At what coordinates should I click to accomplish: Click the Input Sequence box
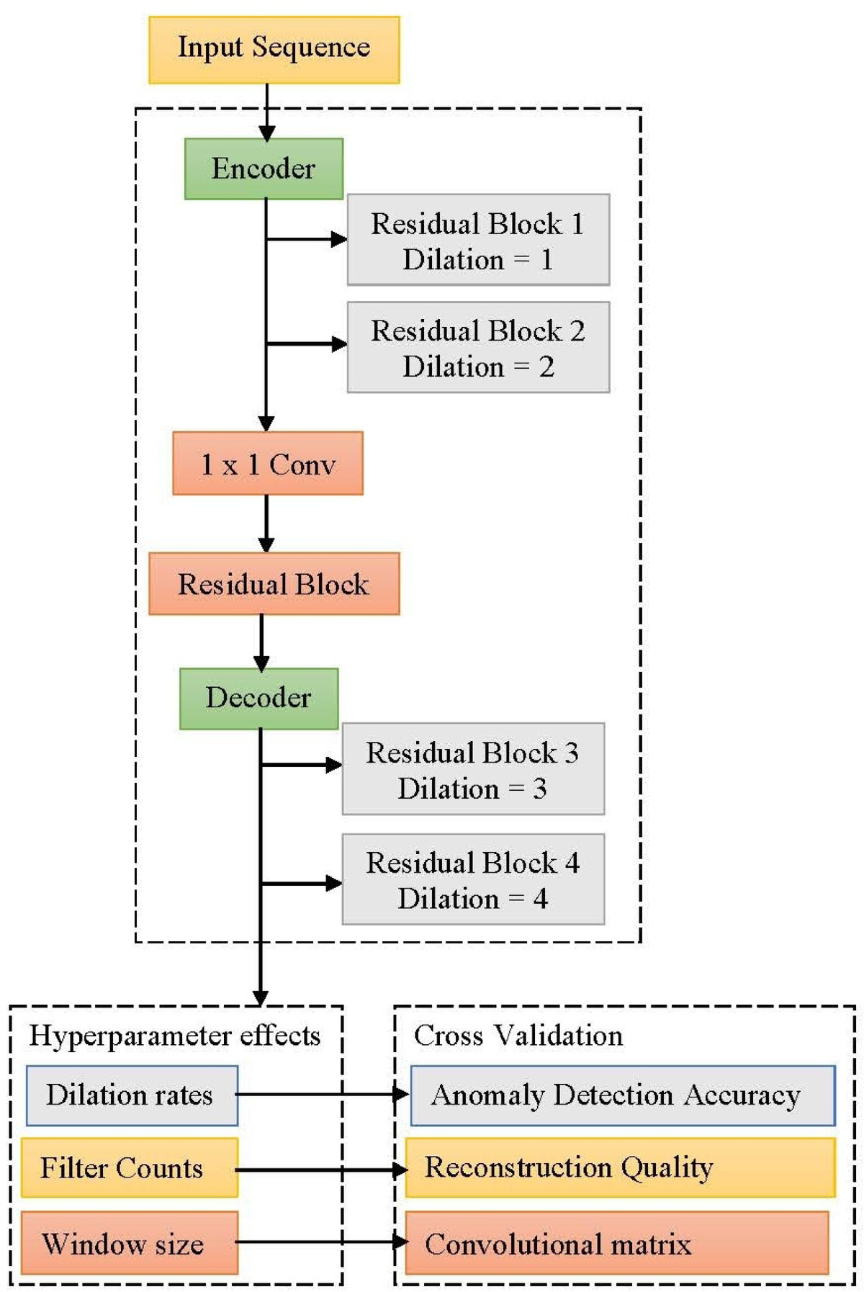coord(274,50)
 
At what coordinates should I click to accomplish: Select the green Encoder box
coord(264,169)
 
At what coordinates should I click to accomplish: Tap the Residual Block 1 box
coord(478,240)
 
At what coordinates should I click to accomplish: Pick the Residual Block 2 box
coord(478,347)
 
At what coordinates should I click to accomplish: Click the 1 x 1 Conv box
coord(268,464)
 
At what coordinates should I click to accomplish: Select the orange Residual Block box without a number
coord(274,584)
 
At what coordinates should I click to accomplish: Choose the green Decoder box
coord(258,699)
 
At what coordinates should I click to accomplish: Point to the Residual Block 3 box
coord(473,769)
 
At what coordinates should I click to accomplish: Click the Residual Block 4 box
coord(473,879)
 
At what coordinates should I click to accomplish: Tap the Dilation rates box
coord(132,1095)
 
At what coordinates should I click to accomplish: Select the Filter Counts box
coord(129,1168)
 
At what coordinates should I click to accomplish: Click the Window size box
coord(129,1243)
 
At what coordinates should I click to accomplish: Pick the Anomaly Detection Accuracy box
coord(623,1095)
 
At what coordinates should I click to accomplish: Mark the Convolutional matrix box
coord(616,1243)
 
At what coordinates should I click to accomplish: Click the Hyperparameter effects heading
coord(174,1036)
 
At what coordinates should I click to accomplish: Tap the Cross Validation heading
coord(518,1036)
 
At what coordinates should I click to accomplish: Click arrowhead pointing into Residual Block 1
coord(339,239)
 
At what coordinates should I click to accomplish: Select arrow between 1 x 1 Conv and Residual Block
coord(266,524)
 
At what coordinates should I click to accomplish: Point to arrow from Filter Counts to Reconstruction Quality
coord(321,1170)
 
